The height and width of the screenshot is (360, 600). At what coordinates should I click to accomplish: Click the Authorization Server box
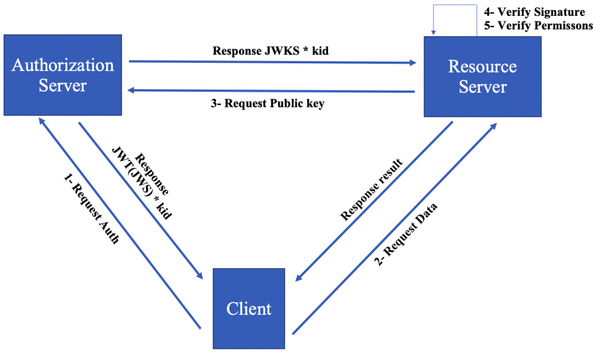pyautogui.click(x=63, y=74)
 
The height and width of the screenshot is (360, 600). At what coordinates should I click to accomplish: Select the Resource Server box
pyautogui.click(x=482, y=76)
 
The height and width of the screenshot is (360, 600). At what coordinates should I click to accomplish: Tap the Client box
pyautogui.click(x=249, y=308)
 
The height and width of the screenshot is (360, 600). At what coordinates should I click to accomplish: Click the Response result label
pyautogui.click(x=372, y=189)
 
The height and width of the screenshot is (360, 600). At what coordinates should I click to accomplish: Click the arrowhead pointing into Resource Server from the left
pyautogui.click(x=412, y=60)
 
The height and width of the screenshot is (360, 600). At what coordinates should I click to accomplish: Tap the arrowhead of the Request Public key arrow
pyautogui.click(x=132, y=90)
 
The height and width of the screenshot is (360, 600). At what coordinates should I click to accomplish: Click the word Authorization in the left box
pyautogui.click(x=63, y=64)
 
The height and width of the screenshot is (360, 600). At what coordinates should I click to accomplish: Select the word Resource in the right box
pyautogui.click(x=482, y=66)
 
